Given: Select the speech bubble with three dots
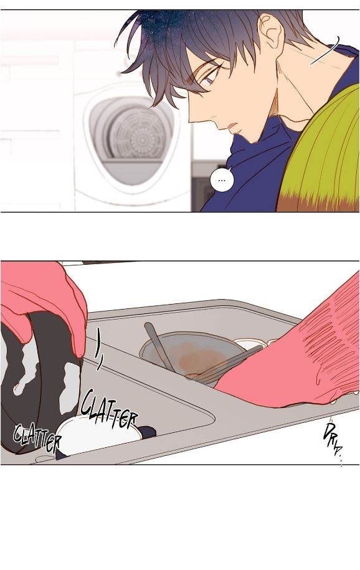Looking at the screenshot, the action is pyautogui.click(x=222, y=179).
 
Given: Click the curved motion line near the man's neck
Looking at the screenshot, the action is pyautogui.click(x=326, y=51).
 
